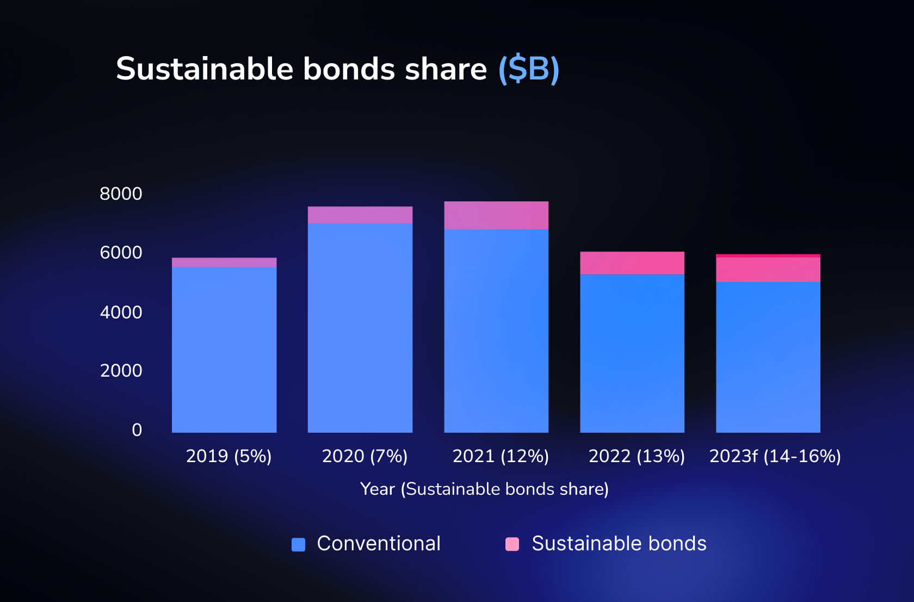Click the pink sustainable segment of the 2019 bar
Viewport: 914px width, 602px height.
224,262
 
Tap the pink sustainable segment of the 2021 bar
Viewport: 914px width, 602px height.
496,216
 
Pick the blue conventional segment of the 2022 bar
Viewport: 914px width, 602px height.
632,353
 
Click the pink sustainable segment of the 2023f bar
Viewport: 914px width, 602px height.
768,269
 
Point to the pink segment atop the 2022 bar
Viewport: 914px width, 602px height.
632,263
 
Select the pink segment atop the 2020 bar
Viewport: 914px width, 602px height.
360,215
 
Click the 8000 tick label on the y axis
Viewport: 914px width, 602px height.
121,194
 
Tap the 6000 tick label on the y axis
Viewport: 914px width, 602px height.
121,253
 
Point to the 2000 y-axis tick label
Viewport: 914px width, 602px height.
121,371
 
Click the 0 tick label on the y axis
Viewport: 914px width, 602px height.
137,430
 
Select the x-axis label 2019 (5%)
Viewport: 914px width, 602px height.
228,456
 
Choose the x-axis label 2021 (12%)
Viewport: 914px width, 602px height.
501,456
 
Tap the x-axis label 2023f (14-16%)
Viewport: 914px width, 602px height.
775,456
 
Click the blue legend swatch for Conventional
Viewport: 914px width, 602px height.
298,544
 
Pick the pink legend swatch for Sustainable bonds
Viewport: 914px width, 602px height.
512,544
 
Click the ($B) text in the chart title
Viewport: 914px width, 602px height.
529,69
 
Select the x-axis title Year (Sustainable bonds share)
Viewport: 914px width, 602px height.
484,489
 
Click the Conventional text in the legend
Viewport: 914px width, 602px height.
379,543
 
